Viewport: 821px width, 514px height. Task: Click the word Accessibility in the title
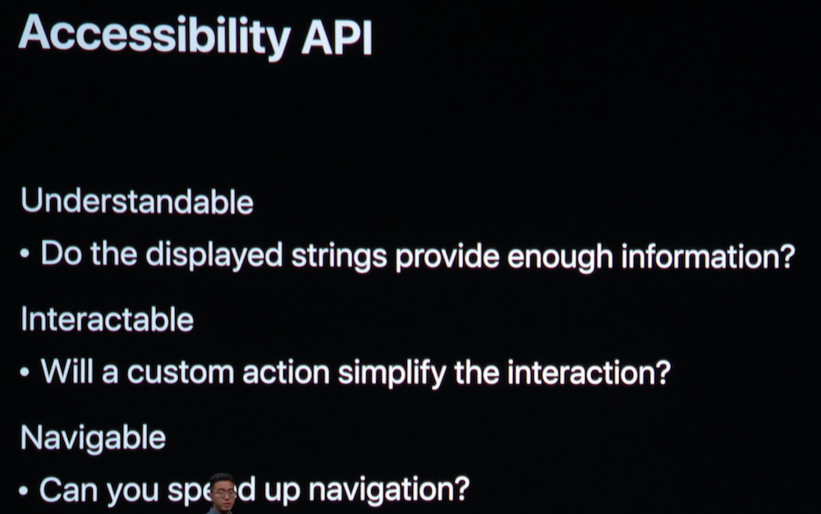[x=154, y=35]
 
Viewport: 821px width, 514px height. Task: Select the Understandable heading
[x=136, y=201]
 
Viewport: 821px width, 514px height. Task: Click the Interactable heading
[x=107, y=319]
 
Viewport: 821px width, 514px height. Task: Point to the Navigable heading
[x=94, y=438]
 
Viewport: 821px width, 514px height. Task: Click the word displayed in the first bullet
[x=214, y=255]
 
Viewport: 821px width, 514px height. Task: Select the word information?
[x=708, y=255]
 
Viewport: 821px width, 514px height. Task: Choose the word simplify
[x=392, y=374]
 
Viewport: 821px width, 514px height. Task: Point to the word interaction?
[x=589, y=372]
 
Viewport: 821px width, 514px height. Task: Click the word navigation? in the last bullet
[x=389, y=491]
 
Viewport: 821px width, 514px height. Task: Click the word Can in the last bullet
[x=69, y=490]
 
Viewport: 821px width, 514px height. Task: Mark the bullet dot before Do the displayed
[x=24, y=255]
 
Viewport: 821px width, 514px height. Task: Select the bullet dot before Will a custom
[x=24, y=372]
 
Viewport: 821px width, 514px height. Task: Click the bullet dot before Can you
[x=23, y=491]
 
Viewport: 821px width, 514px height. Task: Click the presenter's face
[x=222, y=493]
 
